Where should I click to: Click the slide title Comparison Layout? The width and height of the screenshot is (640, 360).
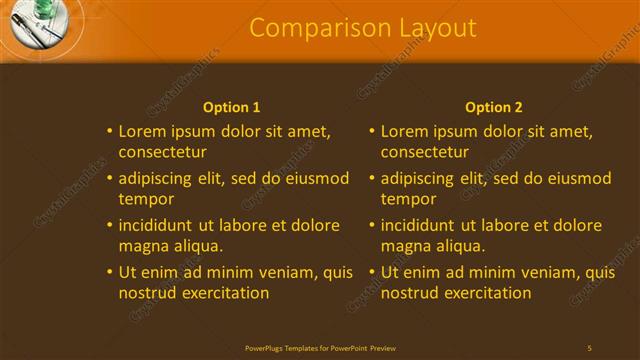point(363,28)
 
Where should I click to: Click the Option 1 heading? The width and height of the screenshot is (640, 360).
point(231,107)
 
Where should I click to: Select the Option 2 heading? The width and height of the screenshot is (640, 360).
point(494,107)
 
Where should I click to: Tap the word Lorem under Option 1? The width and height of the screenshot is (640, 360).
point(142,131)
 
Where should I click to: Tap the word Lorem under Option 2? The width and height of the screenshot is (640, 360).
point(404,131)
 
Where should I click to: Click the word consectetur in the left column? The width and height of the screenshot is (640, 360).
point(163,153)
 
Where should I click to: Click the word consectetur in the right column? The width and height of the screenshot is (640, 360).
point(425,153)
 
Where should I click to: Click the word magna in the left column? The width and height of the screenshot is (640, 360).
point(143,246)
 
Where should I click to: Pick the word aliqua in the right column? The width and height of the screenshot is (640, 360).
point(460,246)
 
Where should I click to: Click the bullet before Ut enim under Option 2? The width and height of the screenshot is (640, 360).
point(373,272)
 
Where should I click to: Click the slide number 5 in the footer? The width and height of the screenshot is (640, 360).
point(589,347)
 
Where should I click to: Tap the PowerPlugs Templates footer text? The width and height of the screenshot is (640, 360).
point(320,347)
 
